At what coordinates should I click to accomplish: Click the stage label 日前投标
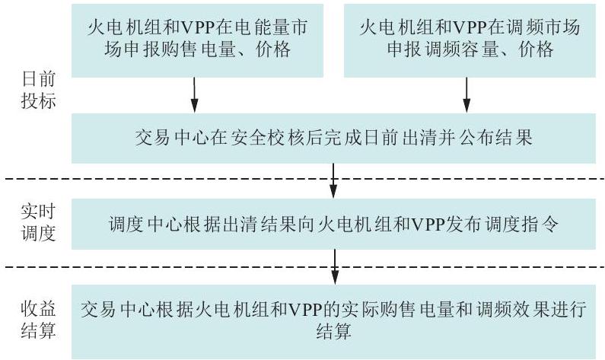pyautogui.click(x=39, y=90)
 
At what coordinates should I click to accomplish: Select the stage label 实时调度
pyautogui.click(x=39, y=223)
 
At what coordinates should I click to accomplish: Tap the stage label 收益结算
pyautogui.click(x=39, y=320)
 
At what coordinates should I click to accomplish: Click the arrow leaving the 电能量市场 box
pyautogui.click(x=195, y=95)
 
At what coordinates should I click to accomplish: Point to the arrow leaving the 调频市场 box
pyautogui.click(x=466, y=95)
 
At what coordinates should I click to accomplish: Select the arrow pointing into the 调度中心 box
pyautogui.click(x=333, y=180)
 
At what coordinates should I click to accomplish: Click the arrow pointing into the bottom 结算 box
pyautogui.click(x=335, y=266)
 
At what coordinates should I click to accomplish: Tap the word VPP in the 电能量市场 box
pyautogui.click(x=198, y=27)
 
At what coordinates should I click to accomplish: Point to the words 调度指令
pyautogui.click(x=521, y=225)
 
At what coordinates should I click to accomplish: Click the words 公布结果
pyautogui.click(x=496, y=138)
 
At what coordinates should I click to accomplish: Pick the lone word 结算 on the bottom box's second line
pyautogui.click(x=334, y=331)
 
